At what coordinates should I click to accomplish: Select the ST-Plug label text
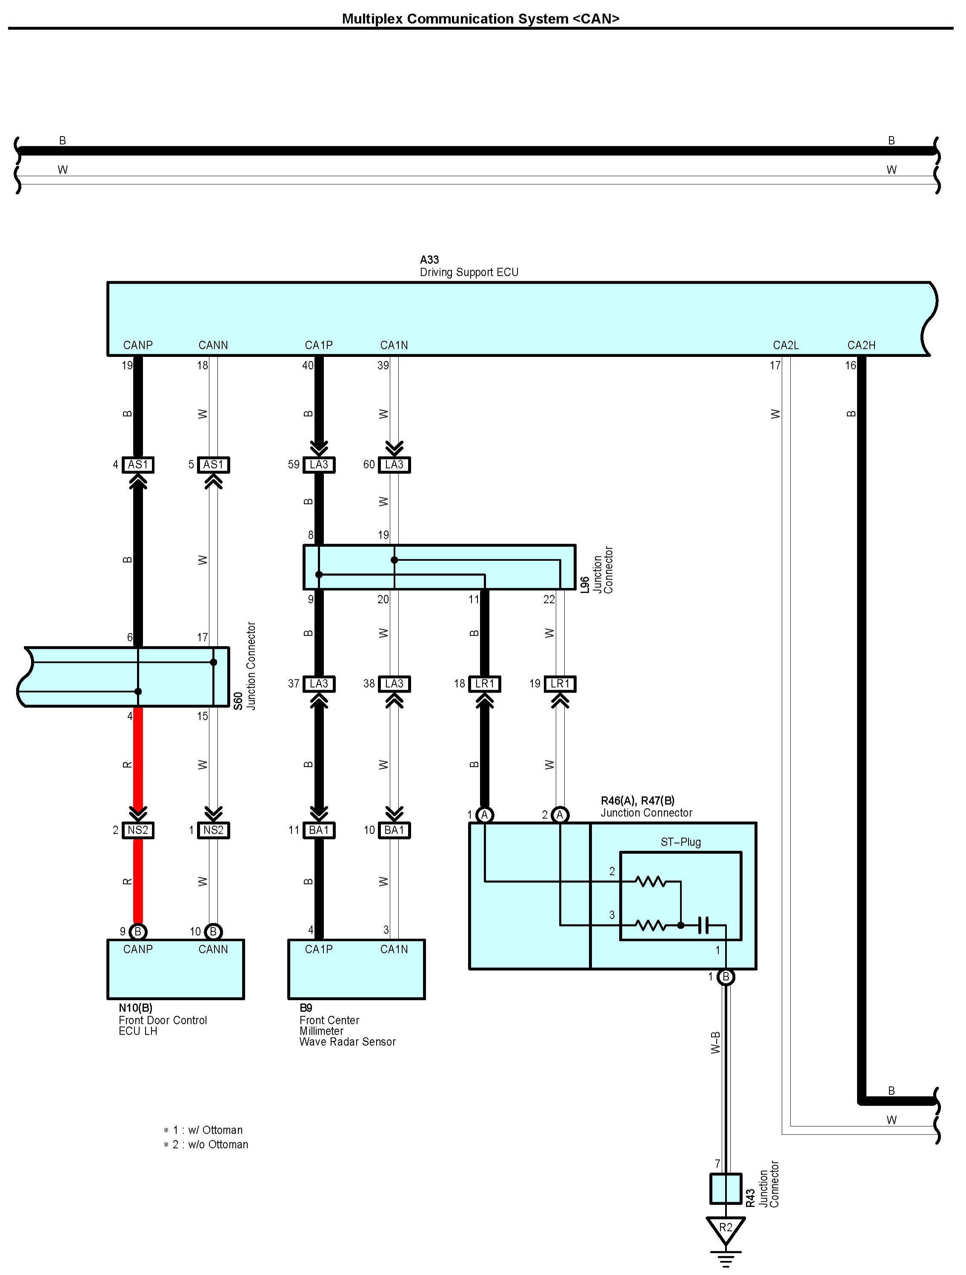coord(680,842)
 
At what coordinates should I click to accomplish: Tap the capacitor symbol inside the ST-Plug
coord(703,926)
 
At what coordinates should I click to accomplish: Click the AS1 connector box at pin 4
coord(138,465)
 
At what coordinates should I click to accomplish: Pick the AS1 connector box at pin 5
coord(213,465)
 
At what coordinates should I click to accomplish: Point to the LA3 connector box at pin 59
coord(319,465)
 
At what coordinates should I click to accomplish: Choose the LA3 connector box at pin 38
coord(394,684)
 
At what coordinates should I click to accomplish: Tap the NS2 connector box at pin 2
coord(138,830)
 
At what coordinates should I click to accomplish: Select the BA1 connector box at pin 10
coord(394,830)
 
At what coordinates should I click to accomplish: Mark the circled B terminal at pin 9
coord(138,931)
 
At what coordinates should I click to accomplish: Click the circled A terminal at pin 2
coord(560,814)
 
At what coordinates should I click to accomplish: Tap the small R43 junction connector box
coord(726,1189)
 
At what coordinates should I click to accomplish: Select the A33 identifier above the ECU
coord(430,260)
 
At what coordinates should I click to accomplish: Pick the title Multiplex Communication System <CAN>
coord(481,18)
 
